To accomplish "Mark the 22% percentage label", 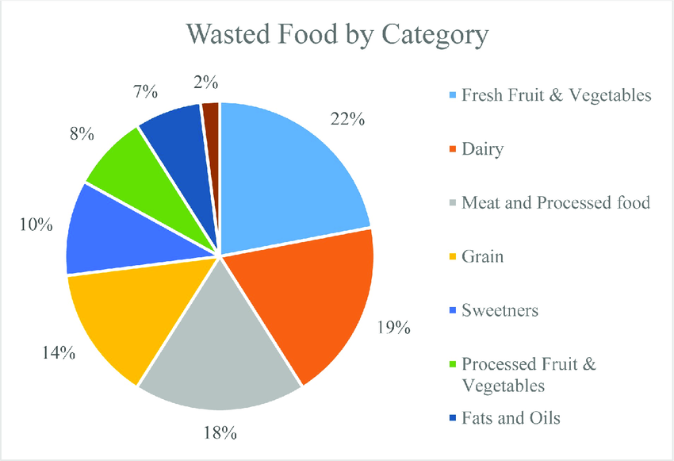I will (346, 120).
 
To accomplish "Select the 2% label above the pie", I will (205, 82).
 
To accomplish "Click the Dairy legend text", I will (482, 148).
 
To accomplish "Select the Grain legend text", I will (482, 256).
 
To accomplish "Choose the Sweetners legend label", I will (500, 309).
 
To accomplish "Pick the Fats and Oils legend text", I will (511, 417).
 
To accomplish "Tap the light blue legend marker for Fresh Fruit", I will (451, 96).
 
